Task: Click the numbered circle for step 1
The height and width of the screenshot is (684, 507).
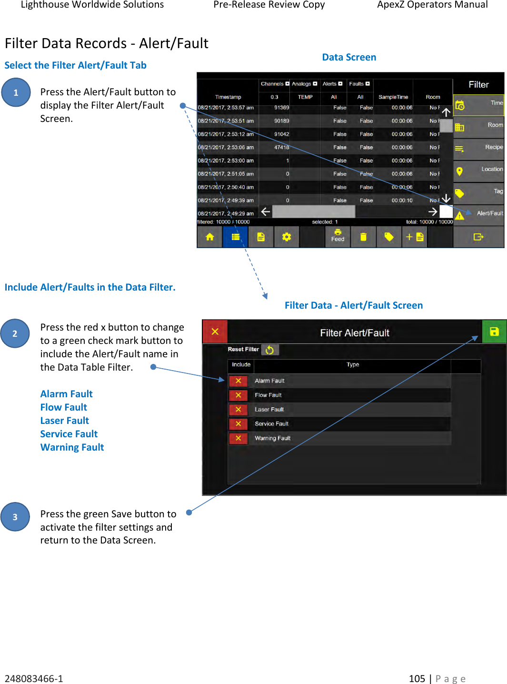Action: coord(16,92)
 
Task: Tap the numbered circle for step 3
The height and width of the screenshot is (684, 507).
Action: coord(15,517)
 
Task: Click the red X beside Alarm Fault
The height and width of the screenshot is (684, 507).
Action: coord(238,381)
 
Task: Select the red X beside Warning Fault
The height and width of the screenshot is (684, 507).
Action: coord(238,438)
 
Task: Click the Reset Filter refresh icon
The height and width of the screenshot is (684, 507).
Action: coord(270,350)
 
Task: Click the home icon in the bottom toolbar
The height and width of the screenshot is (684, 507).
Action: coord(209,237)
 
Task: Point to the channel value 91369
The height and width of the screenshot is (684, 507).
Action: coord(281,108)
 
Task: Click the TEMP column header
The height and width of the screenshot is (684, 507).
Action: coord(305,97)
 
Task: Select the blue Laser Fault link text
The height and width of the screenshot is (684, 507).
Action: coord(65,421)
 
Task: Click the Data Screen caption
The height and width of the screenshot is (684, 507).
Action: coord(349,57)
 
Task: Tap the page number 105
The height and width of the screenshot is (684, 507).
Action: coord(417,678)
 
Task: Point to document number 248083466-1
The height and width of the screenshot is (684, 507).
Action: coord(34,678)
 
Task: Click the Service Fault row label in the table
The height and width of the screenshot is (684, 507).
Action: coord(271,424)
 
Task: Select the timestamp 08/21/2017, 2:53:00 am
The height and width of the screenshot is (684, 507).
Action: coord(226,161)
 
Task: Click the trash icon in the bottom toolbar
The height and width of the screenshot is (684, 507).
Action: coord(363,237)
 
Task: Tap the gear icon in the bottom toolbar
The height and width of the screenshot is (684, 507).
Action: coord(287,237)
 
